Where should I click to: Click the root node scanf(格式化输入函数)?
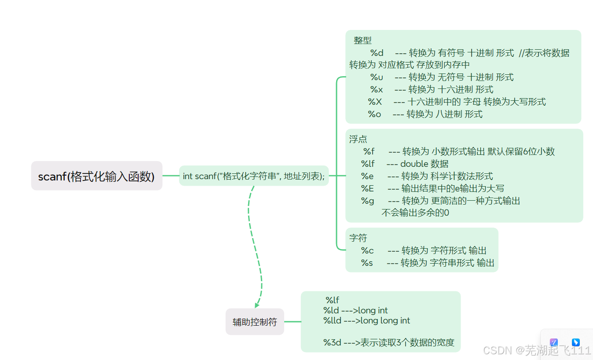coord(96,176)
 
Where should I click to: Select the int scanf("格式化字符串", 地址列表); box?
coord(253,176)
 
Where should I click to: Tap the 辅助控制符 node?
coord(255,322)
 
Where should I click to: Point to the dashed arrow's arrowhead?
coord(257,305)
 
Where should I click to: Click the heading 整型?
coord(362,40)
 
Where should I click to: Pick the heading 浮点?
coord(358,139)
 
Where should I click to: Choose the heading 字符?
coord(358,238)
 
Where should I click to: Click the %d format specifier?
coord(377,53)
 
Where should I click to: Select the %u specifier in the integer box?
coord(377,77)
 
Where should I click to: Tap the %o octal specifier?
coord(374,114)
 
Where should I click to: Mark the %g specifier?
coord(367,201)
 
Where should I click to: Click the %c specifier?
coord(367,250)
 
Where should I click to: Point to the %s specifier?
coord(367,263)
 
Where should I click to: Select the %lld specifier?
coord(332,320)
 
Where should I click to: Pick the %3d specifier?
coord(332,342)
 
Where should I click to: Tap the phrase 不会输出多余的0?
coord(415,213)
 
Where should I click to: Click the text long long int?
coord(385,320)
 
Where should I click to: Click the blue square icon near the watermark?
coord(575,342)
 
